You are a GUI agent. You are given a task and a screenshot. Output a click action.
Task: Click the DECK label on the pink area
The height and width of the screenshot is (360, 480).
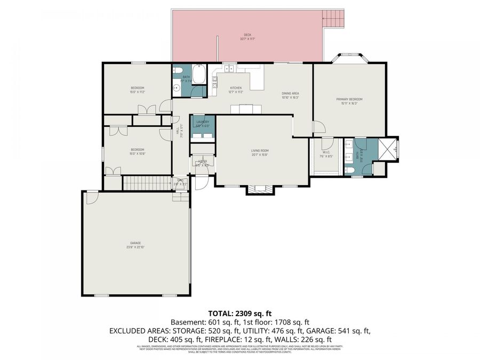click(x=247, y=35)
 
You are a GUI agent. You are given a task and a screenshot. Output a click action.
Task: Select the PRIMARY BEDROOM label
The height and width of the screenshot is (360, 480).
click(x=349, y=99)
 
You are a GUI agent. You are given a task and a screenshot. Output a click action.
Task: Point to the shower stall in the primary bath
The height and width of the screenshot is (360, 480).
click(x=388, y=148)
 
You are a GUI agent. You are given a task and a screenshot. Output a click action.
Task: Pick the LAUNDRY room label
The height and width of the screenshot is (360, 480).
click(x=203, y=122)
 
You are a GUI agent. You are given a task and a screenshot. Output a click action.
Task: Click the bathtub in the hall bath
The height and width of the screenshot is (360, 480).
click(x=199, y=74)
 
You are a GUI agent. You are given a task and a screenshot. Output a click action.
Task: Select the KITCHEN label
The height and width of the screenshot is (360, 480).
click(x=236, y=88)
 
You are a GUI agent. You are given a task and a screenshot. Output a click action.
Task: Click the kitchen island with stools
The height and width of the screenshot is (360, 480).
click(x=246, y=109)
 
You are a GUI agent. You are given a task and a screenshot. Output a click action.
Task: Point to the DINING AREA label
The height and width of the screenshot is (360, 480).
click(x=291, y=94)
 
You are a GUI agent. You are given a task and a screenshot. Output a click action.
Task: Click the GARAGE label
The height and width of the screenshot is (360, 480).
click(x=135, y=243)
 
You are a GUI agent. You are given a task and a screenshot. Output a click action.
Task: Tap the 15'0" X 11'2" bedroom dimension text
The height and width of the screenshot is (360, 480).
click(x=138, y=92)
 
